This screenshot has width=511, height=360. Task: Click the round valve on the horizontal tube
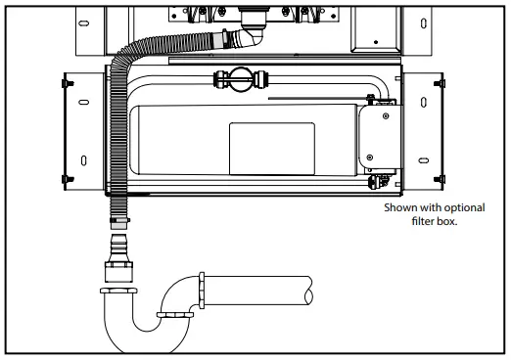coord(238,78)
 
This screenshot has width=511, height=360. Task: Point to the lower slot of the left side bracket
coord(85,158)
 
